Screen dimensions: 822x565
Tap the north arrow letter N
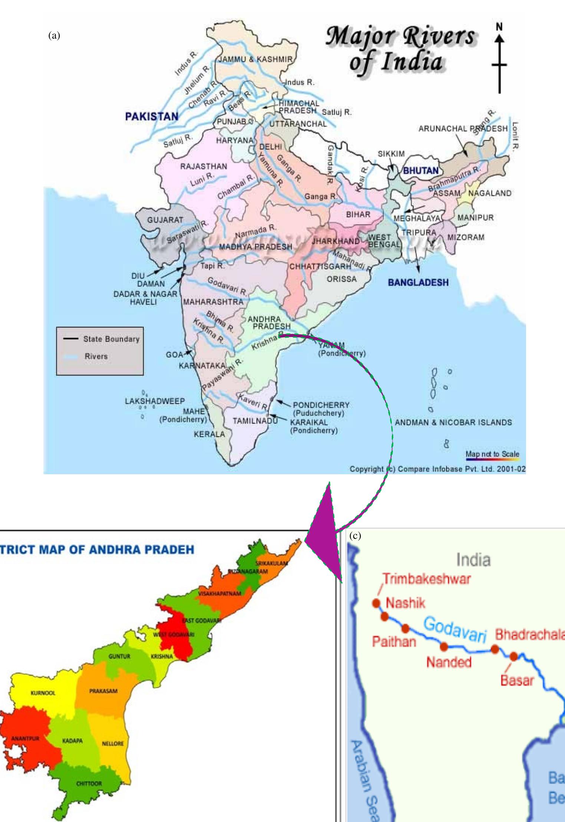point(499,27)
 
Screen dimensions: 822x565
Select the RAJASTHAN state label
point(203,166)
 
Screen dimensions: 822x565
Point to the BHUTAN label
point(420,171)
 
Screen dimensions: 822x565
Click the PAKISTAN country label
point(151,117)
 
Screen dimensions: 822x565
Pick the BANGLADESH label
point(418,282)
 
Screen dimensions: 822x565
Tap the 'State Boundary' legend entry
point(111,339)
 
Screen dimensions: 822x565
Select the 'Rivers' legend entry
point(96,356)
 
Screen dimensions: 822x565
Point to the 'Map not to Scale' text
point(492,454)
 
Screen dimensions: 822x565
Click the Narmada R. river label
point(256,232)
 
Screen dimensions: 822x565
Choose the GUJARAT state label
point(165,220)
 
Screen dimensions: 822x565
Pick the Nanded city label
point(449,662)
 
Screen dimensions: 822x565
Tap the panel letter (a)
point(54,36)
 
